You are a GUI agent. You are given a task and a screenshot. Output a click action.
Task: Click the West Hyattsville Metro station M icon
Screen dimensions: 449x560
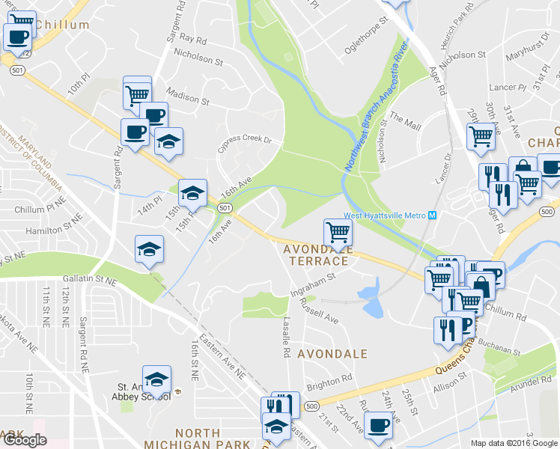click(x=432, y=216)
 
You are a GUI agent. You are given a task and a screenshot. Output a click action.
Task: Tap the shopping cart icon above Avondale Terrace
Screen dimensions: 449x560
click(x=338, y=232)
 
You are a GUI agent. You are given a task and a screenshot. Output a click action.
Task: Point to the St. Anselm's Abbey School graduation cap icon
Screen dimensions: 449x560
click(x=156, y=380)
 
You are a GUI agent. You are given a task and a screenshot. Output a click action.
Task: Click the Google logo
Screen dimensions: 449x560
click(x=25, y=441)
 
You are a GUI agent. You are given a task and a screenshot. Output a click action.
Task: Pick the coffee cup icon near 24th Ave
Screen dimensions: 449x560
click(x=378, y=426)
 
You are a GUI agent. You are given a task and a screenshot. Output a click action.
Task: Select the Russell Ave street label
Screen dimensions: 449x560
click(x=319, y=311)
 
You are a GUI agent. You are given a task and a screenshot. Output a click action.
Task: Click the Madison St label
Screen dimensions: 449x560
click(x=188, y=97)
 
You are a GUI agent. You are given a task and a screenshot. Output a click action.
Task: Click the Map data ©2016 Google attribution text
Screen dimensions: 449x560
click(x=514, y=443)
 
